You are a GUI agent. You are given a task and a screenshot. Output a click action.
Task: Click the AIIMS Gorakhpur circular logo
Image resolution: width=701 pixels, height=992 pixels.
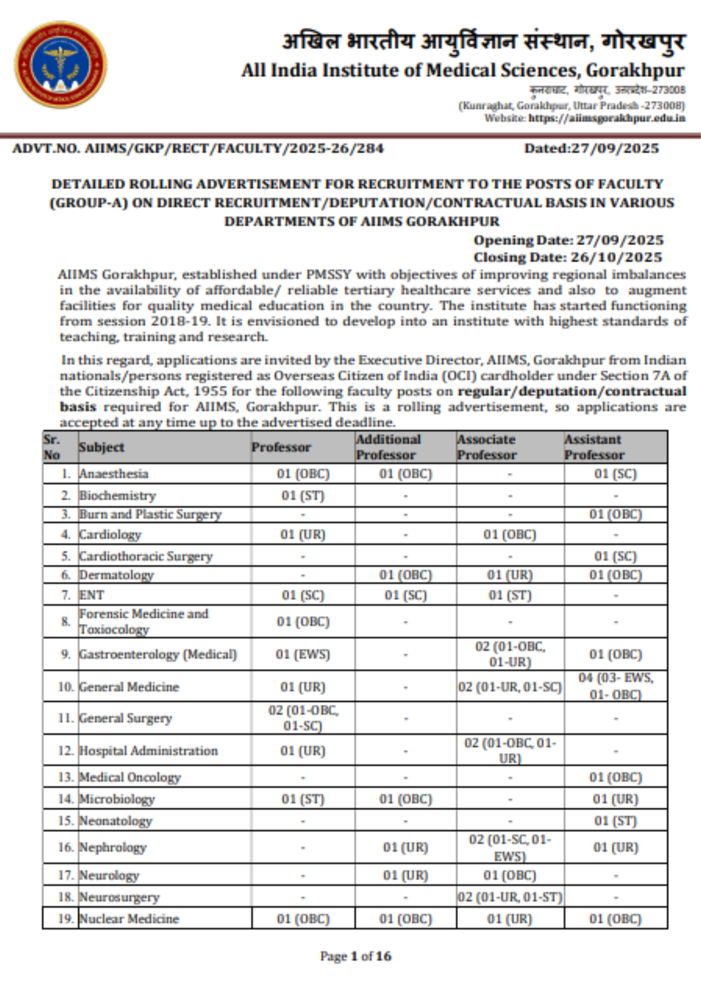tap(61, 65)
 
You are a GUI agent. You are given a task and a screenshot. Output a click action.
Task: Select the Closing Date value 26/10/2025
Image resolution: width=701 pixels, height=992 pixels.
tap(616, 257)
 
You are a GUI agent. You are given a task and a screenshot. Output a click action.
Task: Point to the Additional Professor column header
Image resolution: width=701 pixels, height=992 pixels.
tap(388, 447)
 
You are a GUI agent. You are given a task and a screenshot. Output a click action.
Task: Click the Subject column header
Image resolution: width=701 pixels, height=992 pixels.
tap(102, 447)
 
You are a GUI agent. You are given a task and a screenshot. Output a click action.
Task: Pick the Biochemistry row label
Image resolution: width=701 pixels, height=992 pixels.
tap(117, 495)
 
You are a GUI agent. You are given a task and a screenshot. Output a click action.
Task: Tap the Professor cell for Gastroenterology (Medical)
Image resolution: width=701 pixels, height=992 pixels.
tap(303, 654)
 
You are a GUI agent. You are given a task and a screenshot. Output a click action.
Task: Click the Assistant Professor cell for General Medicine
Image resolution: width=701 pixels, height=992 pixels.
tap(615, 686)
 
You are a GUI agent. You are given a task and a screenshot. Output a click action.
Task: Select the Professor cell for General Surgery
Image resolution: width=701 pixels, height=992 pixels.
tap(303, 718)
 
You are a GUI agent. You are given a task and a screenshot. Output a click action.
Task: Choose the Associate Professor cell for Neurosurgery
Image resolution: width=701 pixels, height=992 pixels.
tap(510, 897)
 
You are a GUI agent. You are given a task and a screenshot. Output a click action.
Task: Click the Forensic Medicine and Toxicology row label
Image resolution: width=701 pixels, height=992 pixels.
tap(144, 621)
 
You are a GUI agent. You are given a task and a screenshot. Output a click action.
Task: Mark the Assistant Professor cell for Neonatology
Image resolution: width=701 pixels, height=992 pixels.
tap(615, 821)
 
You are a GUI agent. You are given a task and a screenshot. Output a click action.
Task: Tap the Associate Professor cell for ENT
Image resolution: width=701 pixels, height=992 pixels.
tap(510, 595)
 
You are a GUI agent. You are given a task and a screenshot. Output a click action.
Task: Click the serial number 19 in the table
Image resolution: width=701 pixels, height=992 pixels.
tap(65, 919)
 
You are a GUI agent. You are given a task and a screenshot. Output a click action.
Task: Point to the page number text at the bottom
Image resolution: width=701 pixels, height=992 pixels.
tap(356, 956)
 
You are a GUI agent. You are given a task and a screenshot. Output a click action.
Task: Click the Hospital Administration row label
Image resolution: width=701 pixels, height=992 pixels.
tap(148, 751)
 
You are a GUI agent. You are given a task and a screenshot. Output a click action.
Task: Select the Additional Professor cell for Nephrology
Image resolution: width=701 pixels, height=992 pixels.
tap(405, 847)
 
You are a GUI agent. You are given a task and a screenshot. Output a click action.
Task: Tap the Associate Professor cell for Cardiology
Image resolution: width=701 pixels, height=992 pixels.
tap(510, 535)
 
